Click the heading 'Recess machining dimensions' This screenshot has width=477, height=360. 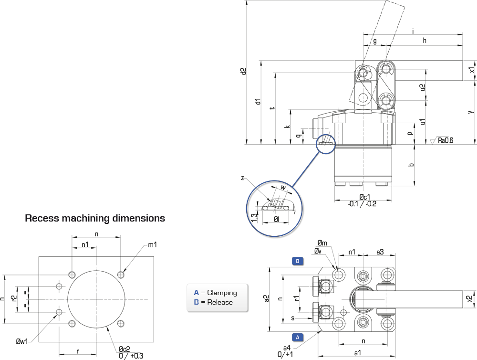pos(95,218)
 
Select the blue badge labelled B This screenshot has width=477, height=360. pos(298,261)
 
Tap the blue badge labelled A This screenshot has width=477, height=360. pos(298,337)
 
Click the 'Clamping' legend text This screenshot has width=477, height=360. pos(222,293)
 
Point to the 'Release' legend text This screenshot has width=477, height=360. pos(220,302)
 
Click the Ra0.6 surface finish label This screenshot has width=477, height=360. pos(446,140)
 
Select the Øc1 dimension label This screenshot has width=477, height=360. pos(364,197)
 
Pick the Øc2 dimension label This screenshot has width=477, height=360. pos(124,349)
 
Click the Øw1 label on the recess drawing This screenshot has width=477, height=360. pos(22,341)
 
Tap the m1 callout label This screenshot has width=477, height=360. pos(153,244)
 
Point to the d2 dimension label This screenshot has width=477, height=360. pos(243,71)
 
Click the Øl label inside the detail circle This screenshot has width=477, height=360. pos(276,219)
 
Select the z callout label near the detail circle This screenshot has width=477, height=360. pos(242,178)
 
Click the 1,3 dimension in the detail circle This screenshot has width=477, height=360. pos(254,217)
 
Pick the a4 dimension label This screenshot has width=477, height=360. pos(287,348)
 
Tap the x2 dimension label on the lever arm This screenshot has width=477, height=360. pos(469,299)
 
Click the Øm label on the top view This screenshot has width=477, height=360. pos(322,243)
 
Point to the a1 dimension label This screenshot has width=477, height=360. pos(358,353)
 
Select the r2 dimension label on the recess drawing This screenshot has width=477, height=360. pos(13,298)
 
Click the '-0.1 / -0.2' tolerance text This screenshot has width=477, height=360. pos(362,204)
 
